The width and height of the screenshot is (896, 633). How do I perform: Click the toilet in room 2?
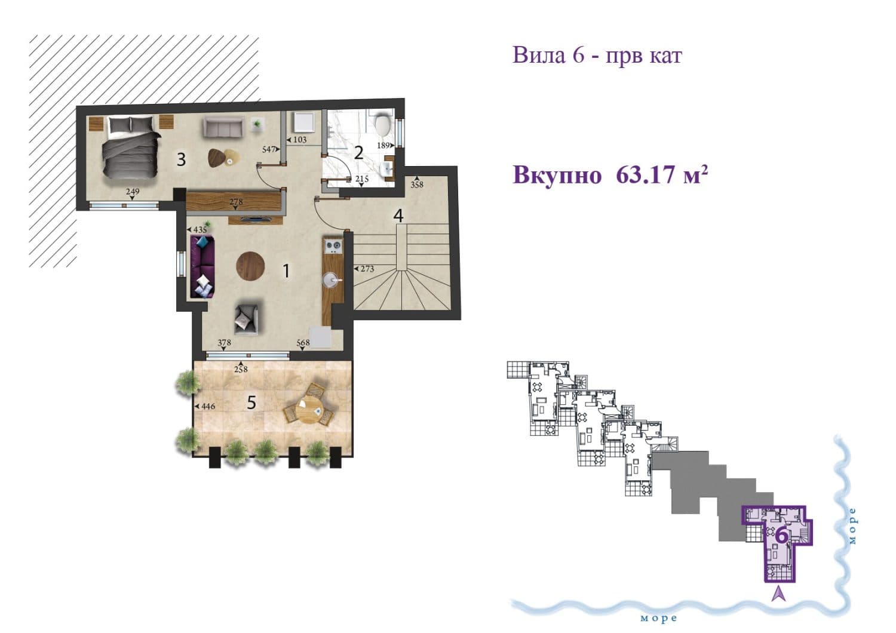[382, 126]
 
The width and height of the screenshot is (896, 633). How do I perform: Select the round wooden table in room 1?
[250, 266]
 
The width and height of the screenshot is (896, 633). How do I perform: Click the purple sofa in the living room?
[202, 266]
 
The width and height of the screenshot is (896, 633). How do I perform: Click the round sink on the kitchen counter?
[332, 278]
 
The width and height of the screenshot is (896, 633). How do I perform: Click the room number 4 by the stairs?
[398, 216]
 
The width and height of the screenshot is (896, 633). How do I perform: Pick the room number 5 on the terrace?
[251, 402]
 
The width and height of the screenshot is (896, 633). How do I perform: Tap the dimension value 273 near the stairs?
[367, 269]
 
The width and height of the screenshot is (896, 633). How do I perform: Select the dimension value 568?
[303, 343]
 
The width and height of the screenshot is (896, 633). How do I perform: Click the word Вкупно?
[557, 176]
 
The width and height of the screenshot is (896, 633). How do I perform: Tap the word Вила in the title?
[538, 56]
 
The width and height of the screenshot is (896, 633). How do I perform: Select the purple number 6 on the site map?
[780, 536]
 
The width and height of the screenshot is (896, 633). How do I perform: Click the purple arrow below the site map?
[778, 593]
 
